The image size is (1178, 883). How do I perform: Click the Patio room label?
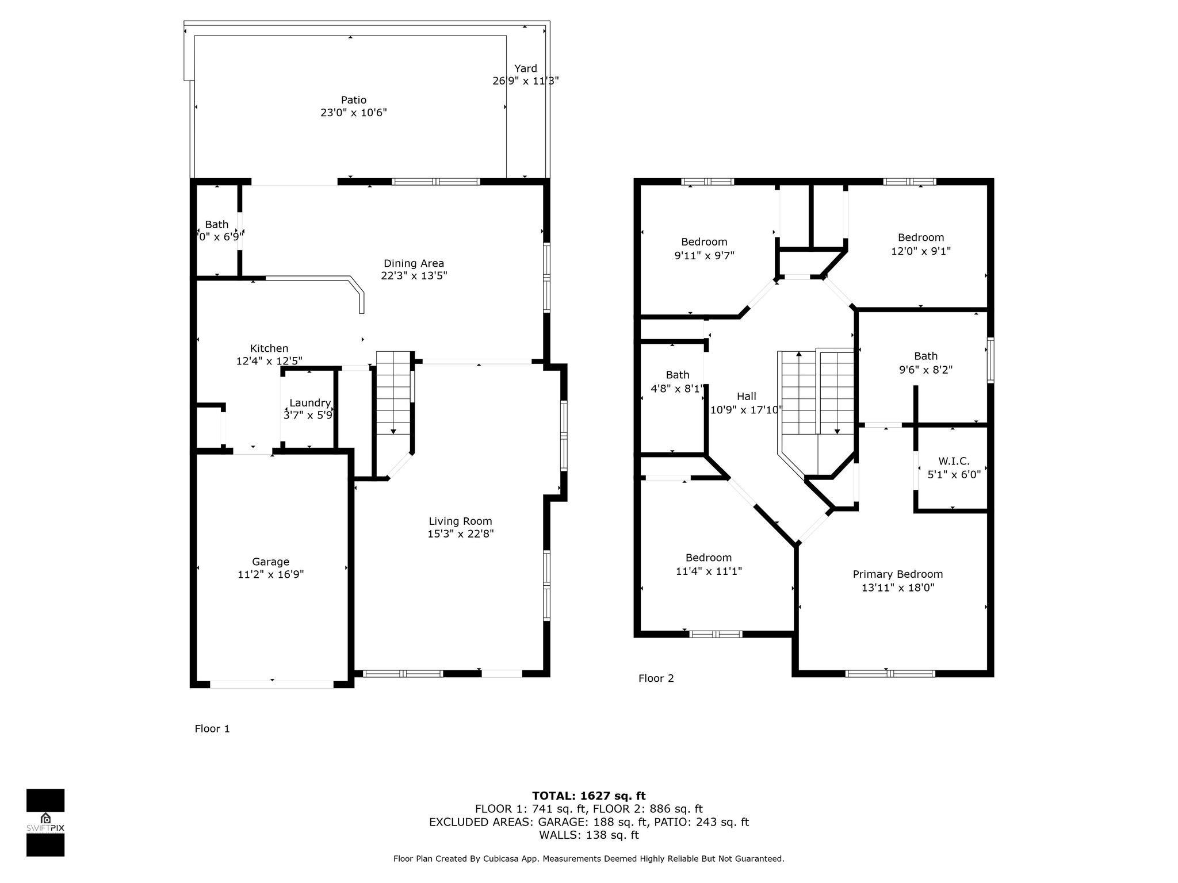(353, 100)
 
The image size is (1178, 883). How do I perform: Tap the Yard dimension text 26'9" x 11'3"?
(525, 81)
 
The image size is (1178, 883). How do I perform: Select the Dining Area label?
(414, 263)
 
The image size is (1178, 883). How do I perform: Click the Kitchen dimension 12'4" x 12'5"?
(269, 361)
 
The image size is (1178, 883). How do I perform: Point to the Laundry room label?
(309, 403)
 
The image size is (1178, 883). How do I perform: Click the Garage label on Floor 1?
(270, 562)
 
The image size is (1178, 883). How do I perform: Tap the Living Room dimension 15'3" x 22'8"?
(460, 533)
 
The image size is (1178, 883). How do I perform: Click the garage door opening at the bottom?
(271, 684)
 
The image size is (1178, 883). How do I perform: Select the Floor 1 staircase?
(393, 394)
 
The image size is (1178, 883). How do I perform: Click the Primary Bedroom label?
(897, 574)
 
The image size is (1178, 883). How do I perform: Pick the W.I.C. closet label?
(954, 461)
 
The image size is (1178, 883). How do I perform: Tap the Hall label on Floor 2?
(746, 396)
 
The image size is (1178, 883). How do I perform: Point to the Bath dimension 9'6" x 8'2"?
(925, 370)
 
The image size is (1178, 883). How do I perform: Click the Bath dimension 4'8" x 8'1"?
(677, 389)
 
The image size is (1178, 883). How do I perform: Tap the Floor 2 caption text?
(656, 678)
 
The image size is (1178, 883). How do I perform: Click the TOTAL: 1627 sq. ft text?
(588, 796)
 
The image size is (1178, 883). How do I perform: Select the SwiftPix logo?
(45, 822)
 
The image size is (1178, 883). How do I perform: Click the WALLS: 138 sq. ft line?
(588, 835)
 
